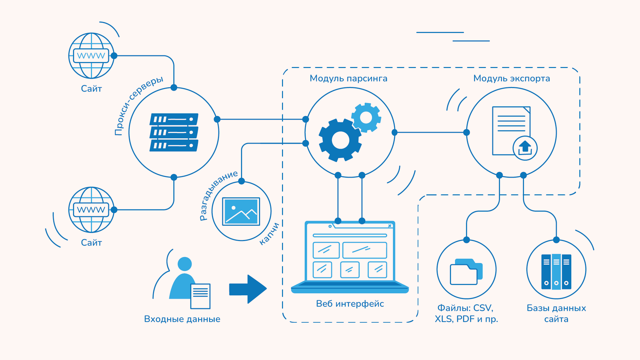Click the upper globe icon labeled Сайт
tap(91, 56)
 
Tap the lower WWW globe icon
tap(91, 210)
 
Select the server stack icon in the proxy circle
tap(174, 132)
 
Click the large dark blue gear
tap(340, 140)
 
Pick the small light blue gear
tap(366, 117)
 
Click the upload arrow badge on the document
tap(525, 148)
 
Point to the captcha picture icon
tap(241, 211)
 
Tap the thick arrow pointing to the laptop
tap(248, 289)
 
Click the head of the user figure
tap(185, 264)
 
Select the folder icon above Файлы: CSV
tap(466, 271)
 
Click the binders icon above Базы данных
tap(556, 272)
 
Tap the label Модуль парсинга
tap(348, 78)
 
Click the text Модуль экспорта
tap(511, 78)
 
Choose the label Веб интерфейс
tap(350, 304)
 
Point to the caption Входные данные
tap(182, 319)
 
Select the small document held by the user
tap(200, 296)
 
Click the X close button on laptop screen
tap(390, 226)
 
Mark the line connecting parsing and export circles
tap(430, 132)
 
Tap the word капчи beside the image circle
tap(269, 234)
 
